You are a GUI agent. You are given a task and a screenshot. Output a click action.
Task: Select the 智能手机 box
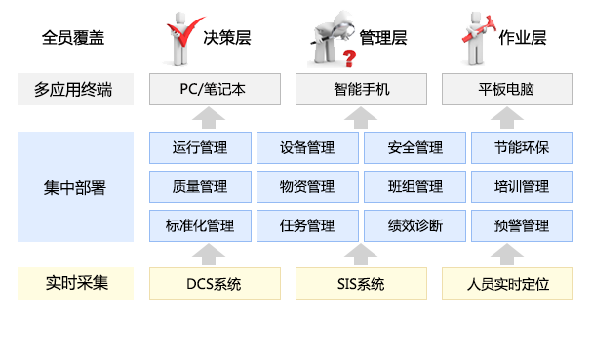[361, 90]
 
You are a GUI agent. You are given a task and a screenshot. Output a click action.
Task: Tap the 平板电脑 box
[507, 90]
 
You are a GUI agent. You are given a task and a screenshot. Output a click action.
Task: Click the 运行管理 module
[200, 148]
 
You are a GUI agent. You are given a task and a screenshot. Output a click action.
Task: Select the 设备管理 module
[307, 148]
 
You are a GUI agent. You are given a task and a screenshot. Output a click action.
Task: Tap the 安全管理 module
[414, 148]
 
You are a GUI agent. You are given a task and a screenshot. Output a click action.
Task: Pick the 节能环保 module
[522, 148]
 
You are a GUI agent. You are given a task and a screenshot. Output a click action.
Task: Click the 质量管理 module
[200, 186]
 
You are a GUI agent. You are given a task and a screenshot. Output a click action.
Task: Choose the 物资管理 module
[307, 186]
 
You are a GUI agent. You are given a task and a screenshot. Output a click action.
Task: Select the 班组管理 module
[414, 186]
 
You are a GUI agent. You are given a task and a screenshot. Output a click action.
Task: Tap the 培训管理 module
[522, 186]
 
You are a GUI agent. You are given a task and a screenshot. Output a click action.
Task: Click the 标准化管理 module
[200, 225]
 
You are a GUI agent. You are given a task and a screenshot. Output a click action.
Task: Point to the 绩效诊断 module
[414, 225]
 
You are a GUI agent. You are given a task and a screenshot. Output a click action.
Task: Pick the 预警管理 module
[522, 225]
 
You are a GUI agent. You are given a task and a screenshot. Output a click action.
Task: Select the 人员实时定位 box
[507, 284]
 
